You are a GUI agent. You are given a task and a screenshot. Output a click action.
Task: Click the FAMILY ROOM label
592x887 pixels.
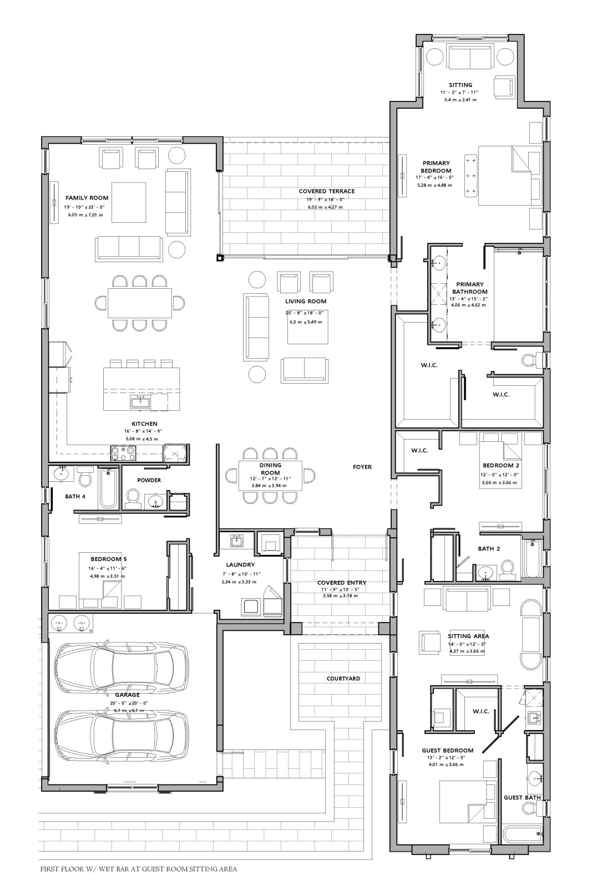(87, 198)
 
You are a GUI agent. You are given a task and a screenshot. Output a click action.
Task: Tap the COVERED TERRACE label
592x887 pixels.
(327, 191)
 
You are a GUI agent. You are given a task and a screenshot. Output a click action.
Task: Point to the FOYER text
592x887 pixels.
(362, 467)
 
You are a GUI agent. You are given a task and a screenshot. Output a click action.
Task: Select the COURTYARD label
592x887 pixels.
(343, 679)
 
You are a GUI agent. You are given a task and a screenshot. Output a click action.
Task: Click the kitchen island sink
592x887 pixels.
(140, 402)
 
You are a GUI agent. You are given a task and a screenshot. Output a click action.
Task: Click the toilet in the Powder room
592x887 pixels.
(133, 498)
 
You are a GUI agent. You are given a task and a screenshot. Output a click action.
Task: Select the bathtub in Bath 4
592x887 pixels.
(108, 488)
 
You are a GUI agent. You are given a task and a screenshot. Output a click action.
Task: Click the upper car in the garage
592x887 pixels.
(122, 667)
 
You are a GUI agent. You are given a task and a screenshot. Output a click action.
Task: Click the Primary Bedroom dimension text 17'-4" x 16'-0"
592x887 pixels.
(434, 178)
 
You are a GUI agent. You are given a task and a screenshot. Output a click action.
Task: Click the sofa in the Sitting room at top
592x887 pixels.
(470, 57)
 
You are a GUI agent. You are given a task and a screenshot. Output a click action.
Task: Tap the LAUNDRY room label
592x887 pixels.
(240, 565)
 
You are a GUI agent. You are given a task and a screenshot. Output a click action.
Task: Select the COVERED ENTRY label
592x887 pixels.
(342, 583)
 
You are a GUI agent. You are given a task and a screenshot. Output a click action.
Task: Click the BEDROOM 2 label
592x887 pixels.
(501, 466)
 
